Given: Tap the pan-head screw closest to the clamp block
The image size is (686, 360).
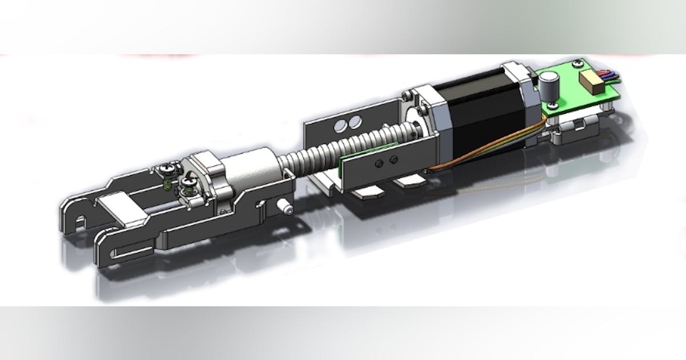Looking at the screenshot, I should tap(189, 183).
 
